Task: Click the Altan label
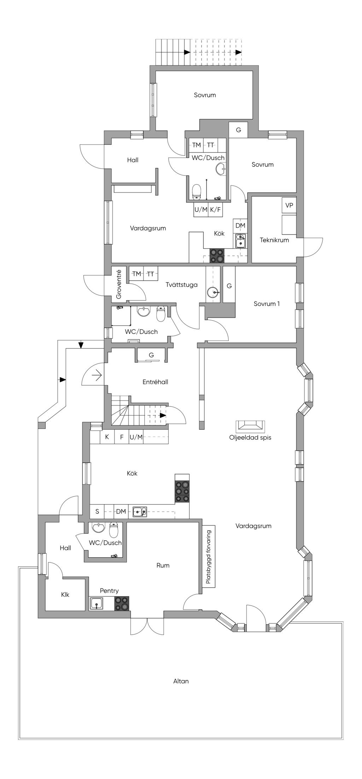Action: pyautogui.click(x=181, y=681)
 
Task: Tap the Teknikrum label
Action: pyautogui.click(x=274, y=240)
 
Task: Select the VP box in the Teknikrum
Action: pyautogui.click(x=289, y=205)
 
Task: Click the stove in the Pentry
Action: pyautogui.click(x=121, y=604)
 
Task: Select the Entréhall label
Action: pyautogui.click(x=155, y=382)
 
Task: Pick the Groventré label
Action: pyautogui.click(x=119, y=284)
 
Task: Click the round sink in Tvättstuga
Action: pyautogui.click(x=213, y=293)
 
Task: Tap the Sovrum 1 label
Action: pyautogui.click(x=267, y=304)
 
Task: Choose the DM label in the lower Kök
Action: pyautogui.click(x=121, y=512)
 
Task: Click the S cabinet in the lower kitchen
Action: pyautogui.click(x=97, y=512)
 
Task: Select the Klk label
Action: pyautogui.click(x=65, y=595)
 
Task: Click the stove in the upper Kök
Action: pyautogui.click(x=217, y=255)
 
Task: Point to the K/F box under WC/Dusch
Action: pyautogui.click(x=215, y=209)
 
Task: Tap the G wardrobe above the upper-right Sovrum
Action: pyautogui.click(x=238, y=130)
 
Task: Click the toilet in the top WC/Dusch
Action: pyautogui.click(x=197, y=192)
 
